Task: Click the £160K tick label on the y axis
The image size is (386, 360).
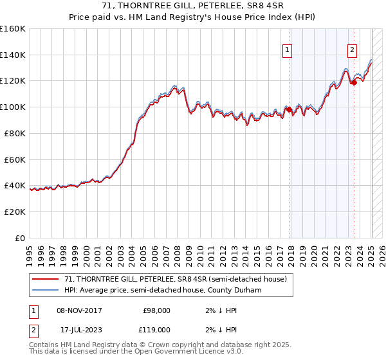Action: point(13,29)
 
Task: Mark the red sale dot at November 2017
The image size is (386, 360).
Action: point(289,109)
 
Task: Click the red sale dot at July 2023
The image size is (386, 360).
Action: point(354,82)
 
